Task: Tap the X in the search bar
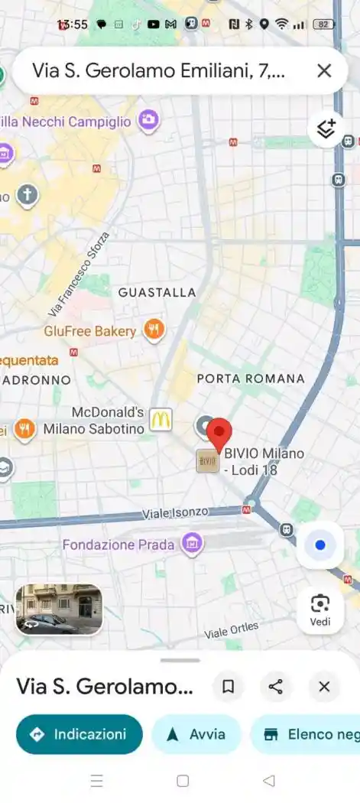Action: (x=324, y=71)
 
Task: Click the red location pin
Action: (x=219, y=434)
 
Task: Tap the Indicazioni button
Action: (x=79, y=734)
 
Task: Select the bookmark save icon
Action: (x=228, y=687)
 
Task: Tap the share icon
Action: (x=276, y=687)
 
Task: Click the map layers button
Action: (x=326, y=130)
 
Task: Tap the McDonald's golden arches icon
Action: (x=160, y=420)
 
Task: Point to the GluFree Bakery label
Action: (x=90, y=331)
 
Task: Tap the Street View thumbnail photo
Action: (x=59, y=610)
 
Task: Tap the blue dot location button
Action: (x=320, y=545)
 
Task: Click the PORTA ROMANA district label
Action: (x=251, y=379)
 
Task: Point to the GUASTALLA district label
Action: (x=157, y=292)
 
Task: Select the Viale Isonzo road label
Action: (x=175, y=513)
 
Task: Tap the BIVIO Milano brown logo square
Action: (x=207, y=460)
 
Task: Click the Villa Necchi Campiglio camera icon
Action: (x=148, y=120)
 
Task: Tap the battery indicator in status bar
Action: (x=324, y=24)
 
